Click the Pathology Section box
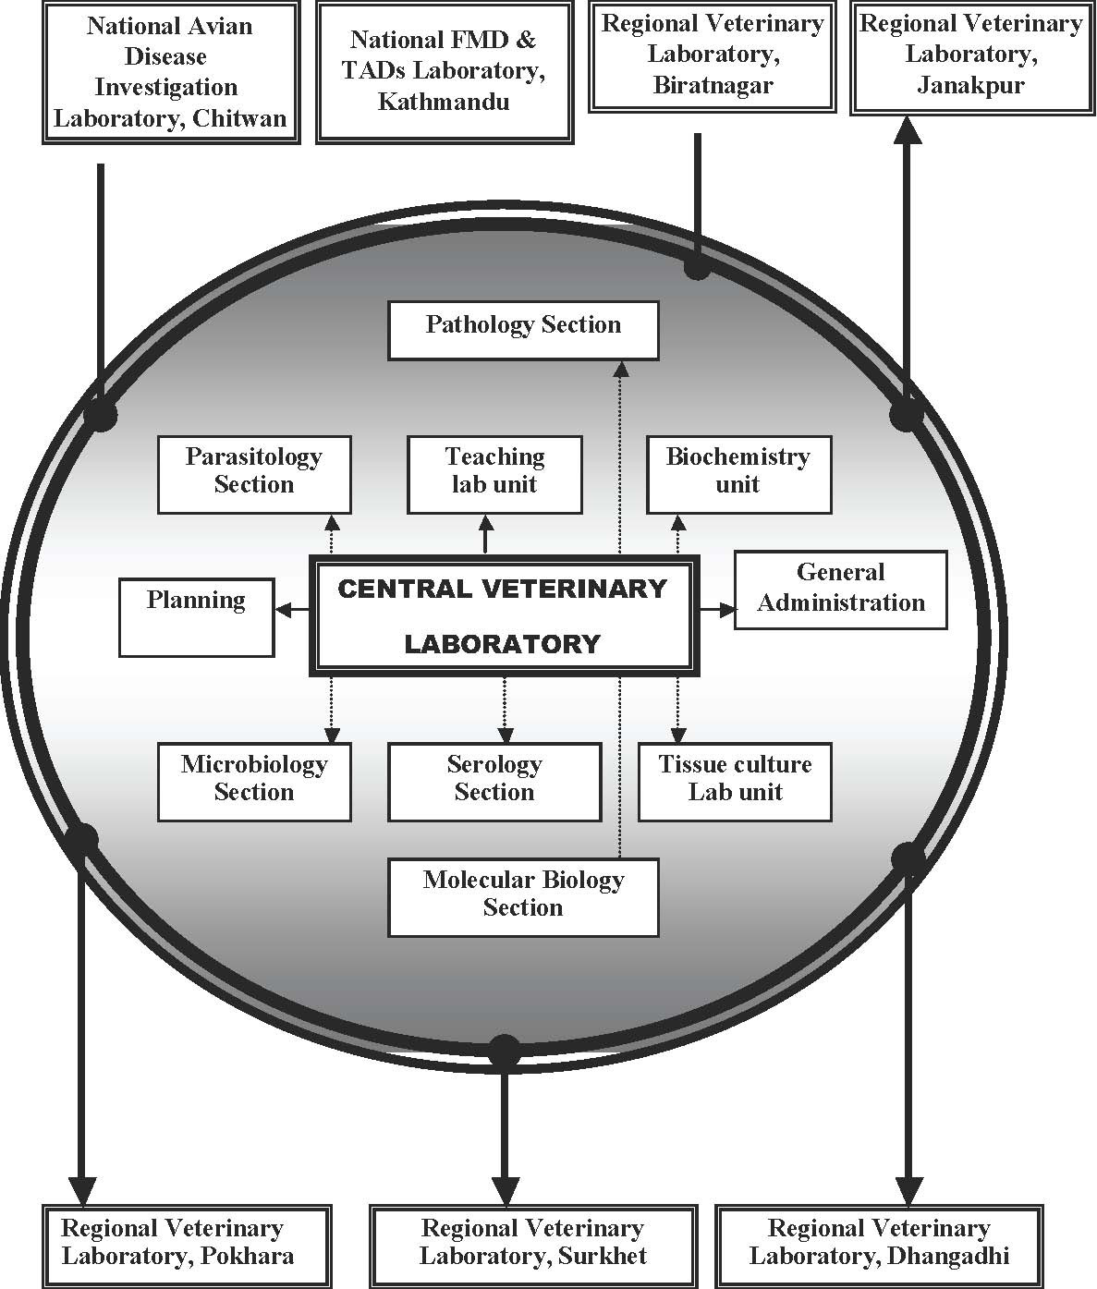point(523,331)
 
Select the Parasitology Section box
point(254,475)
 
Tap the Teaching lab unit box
point(494,475)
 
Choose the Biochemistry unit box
point(739,475)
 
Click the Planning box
point(197,617)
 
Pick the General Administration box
point(841,590)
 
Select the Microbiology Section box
point(254,782)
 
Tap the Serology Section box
point(494,782)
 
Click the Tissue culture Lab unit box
point(735,782)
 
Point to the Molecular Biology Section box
point(523,897)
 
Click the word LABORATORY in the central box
point(503,644)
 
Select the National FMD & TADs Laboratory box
point(445,72)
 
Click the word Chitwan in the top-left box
point(239,118)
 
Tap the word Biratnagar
point(713,85)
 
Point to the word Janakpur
point(971,85)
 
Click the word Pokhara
point(247,1255)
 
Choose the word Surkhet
point(603,1255)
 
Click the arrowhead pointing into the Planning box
point(285,610)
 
